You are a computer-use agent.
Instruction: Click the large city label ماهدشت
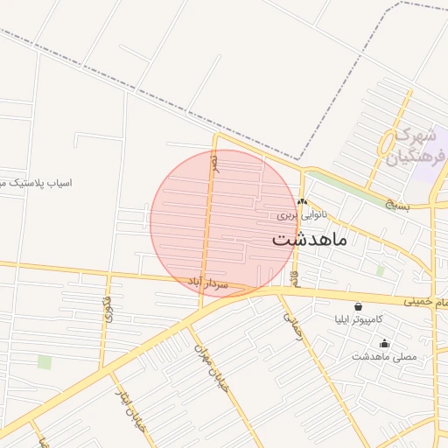tap(310, 239)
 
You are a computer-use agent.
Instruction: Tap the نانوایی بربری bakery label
tap(302, 213)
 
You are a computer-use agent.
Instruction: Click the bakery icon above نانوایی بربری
tap(302, 202)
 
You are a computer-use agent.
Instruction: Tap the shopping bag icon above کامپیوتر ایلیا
tap(358, 307)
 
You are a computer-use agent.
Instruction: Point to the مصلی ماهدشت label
tap(384, 356)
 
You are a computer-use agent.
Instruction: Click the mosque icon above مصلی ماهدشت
tap(384, 343)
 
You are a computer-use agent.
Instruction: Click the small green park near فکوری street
tap(45, 362)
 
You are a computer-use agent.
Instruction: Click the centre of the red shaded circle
tap(224, 223)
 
